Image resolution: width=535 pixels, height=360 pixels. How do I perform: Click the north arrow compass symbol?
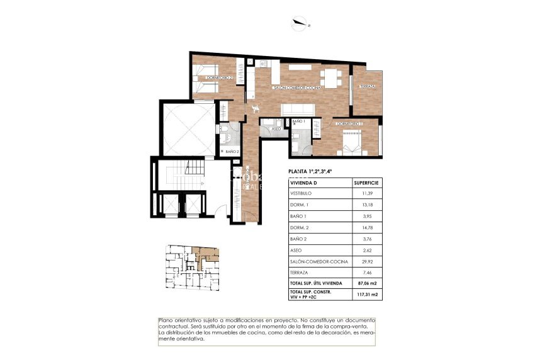[301, 24]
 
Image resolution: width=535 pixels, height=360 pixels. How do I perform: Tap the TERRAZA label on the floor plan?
[368, 86]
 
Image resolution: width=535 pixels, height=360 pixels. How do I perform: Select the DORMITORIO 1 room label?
[350, 124]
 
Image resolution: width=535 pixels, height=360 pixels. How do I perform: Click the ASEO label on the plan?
[275, 128]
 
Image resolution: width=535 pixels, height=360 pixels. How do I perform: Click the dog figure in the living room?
[255, 108]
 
